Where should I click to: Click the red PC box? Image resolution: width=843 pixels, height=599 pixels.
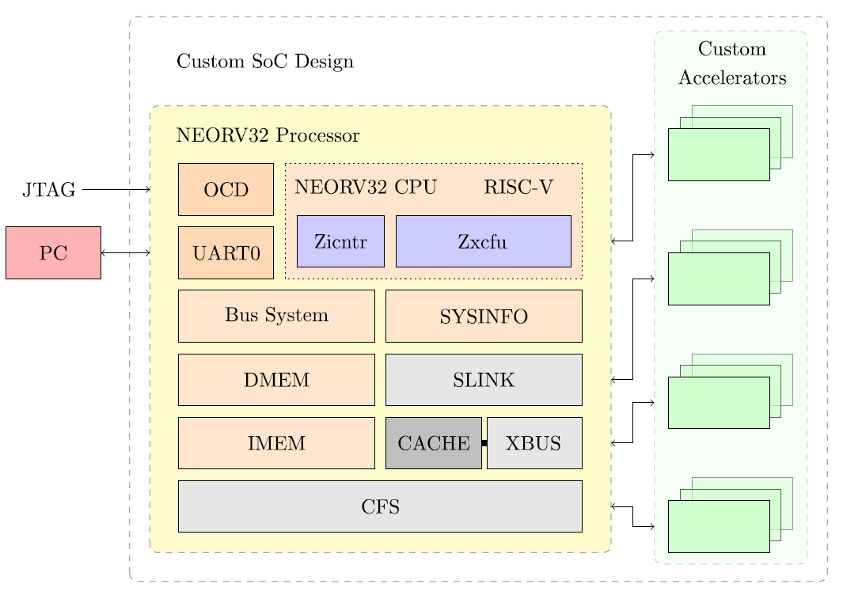pyautogui.click(x=53, y=252)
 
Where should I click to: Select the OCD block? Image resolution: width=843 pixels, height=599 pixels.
pyautogui.click(x=226, y=189)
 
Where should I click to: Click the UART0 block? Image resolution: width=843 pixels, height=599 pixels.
pyautogui.click(x=226, y=253)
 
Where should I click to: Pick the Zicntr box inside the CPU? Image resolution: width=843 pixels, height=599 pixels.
pyautogui.click(x=340, y=241)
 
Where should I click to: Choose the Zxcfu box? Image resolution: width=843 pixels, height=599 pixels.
pyautogui.click(x=483, y=241)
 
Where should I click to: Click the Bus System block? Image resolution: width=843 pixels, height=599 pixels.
pyautogui.click(x=276, y=316)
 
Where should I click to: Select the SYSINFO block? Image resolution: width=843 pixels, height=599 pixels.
pyautogui.click(x=484, y=316)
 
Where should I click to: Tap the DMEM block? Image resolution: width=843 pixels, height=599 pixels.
pyautogui.click(x=276, y=380)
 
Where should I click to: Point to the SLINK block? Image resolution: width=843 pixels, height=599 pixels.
pyautogui.click(x=484, y=380)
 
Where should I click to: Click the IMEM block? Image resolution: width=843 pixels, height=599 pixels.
pyautogui.click(x=276, y=443)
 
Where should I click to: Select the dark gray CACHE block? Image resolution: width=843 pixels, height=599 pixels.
pyautogui.click(x=433, y=443)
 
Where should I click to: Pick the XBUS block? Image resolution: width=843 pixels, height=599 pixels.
pyautogui.click(x=534, y=443)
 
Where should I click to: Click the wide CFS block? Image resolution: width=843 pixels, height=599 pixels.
pyautogui.click(x=380, y=506)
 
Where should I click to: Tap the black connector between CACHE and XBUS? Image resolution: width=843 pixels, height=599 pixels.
pyautogui.click(x=484, y=443)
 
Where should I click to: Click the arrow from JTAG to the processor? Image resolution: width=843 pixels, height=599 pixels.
pyautogui.click(x=116, y=190)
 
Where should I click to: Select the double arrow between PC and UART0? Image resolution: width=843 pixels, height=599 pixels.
pyautogui.click(x=125, y=252)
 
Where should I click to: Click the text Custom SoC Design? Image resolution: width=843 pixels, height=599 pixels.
pyautogui.click(x=264, y=62)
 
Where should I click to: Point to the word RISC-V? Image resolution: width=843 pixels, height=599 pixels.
pyautogui.click(x=518, y=188)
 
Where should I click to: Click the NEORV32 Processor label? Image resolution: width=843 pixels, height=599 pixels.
pyautogui.click(x=268, y=135)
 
